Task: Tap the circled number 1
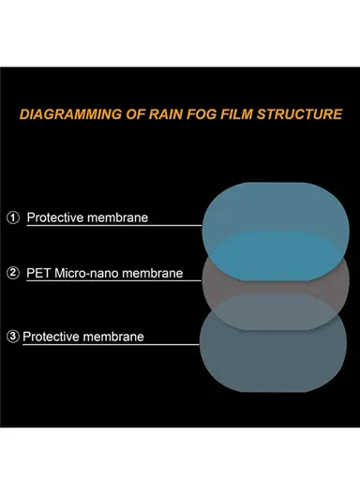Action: [x=12, y=217]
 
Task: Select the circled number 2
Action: [x=12, y=274]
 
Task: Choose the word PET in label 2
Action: [x=39, y=274]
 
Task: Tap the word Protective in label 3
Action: [x=52, y=336]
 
